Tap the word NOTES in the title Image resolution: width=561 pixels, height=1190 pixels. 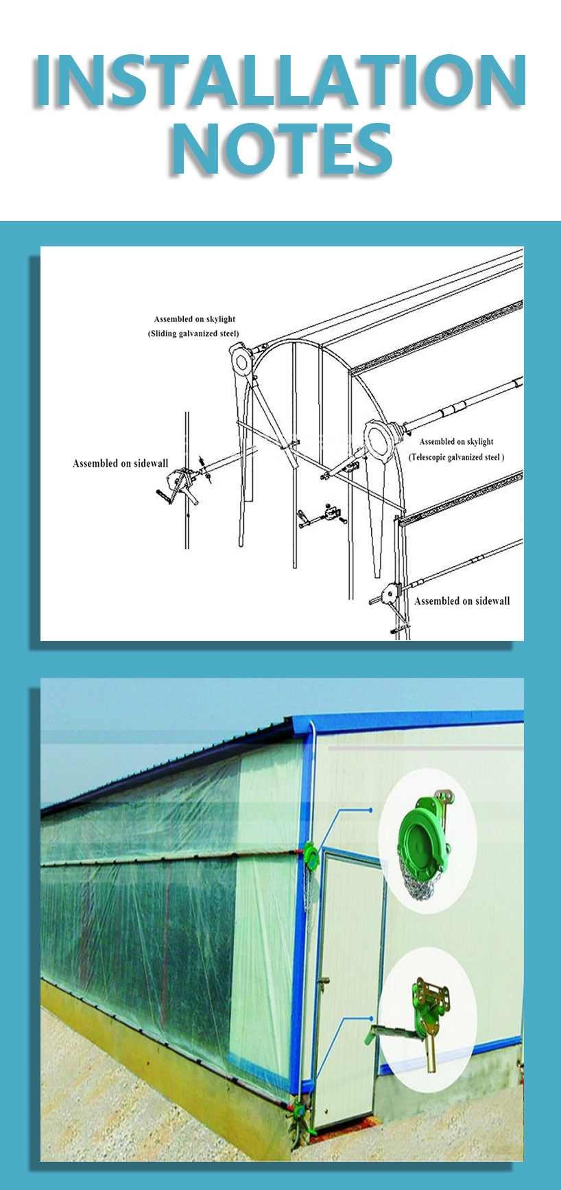pyautogui.click(x=281, y=149)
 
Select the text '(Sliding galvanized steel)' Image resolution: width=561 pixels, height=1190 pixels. pyautogui.click(x=194, y=334)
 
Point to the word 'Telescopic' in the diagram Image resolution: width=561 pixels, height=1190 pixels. pyautogui.click(x=432, y=457)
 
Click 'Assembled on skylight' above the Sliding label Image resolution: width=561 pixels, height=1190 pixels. pyautogui.click(x=195, y=319)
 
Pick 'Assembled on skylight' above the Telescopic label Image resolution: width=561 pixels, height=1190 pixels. pyautogui.click(x=456, y=442)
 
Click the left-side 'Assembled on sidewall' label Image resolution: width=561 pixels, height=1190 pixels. pyautogui.click(x=120, y=464)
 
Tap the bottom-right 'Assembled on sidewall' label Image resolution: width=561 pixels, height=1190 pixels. pyautogui.click(x=462, y=601)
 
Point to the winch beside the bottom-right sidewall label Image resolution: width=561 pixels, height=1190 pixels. pyautogui.click(x=389, y=594)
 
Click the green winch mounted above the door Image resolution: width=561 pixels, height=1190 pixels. pyautogui.click(x=311, y=854)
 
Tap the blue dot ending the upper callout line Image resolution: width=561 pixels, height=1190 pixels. pyautogui.click(x=371, y=810)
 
